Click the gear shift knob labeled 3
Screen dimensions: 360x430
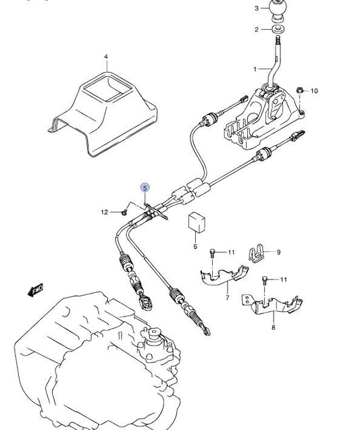tap(278, 10)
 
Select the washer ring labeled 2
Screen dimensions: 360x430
tap(278, 28)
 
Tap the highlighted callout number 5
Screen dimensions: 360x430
tap(145, 188)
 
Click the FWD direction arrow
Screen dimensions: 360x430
tap(35, 290)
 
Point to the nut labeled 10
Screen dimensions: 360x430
tap(299, 90)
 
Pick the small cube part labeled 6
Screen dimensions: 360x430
tap(197, 222)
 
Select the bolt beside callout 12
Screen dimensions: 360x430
tap(124, 212)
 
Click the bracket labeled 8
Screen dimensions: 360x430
tap(272, 305)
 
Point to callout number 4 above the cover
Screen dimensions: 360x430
tap(106, 57)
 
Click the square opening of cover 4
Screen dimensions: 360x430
tap(107, 88)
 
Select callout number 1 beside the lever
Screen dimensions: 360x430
tap(255, 69)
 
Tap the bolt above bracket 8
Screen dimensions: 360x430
tap(265, 279)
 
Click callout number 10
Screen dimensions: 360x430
tap(314, 90)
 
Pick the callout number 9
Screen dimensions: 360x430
tap(278, 252)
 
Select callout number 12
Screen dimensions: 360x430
tap(104, 212)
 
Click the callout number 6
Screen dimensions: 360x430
tap(195, 246)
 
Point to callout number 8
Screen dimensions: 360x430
tap(274, 327)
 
